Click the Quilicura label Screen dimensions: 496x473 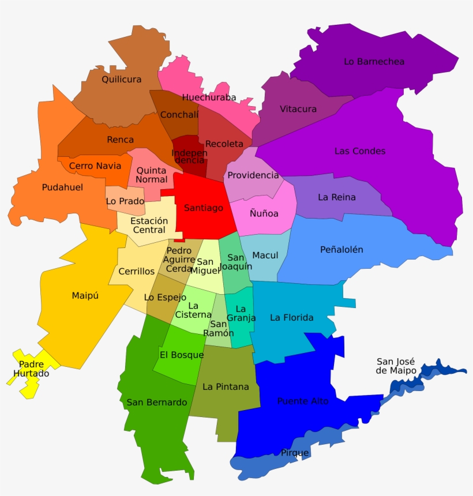click(x=122, y=80)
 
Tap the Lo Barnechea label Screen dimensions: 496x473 click(x=374, y=62)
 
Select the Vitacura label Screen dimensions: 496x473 click(x=298, y=109)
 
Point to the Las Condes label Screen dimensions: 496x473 click(x=360, y=151)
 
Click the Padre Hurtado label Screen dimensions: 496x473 click(x=31, y=369)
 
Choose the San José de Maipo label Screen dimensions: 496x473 click(x=396, y=366)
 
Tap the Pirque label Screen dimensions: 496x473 click(x=295, y=453)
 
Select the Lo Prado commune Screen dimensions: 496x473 click(x=124, y=201)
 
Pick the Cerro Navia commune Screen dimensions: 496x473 click(x=95, y=166)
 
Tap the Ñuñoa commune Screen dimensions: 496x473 click(x=264, y=214)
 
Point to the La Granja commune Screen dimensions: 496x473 click(x=241, y=314)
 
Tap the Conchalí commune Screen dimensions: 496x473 click(x=179, y=115)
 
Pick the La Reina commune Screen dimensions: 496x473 click(x=337, y=197)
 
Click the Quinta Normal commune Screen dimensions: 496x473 click(x=151, y=174)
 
